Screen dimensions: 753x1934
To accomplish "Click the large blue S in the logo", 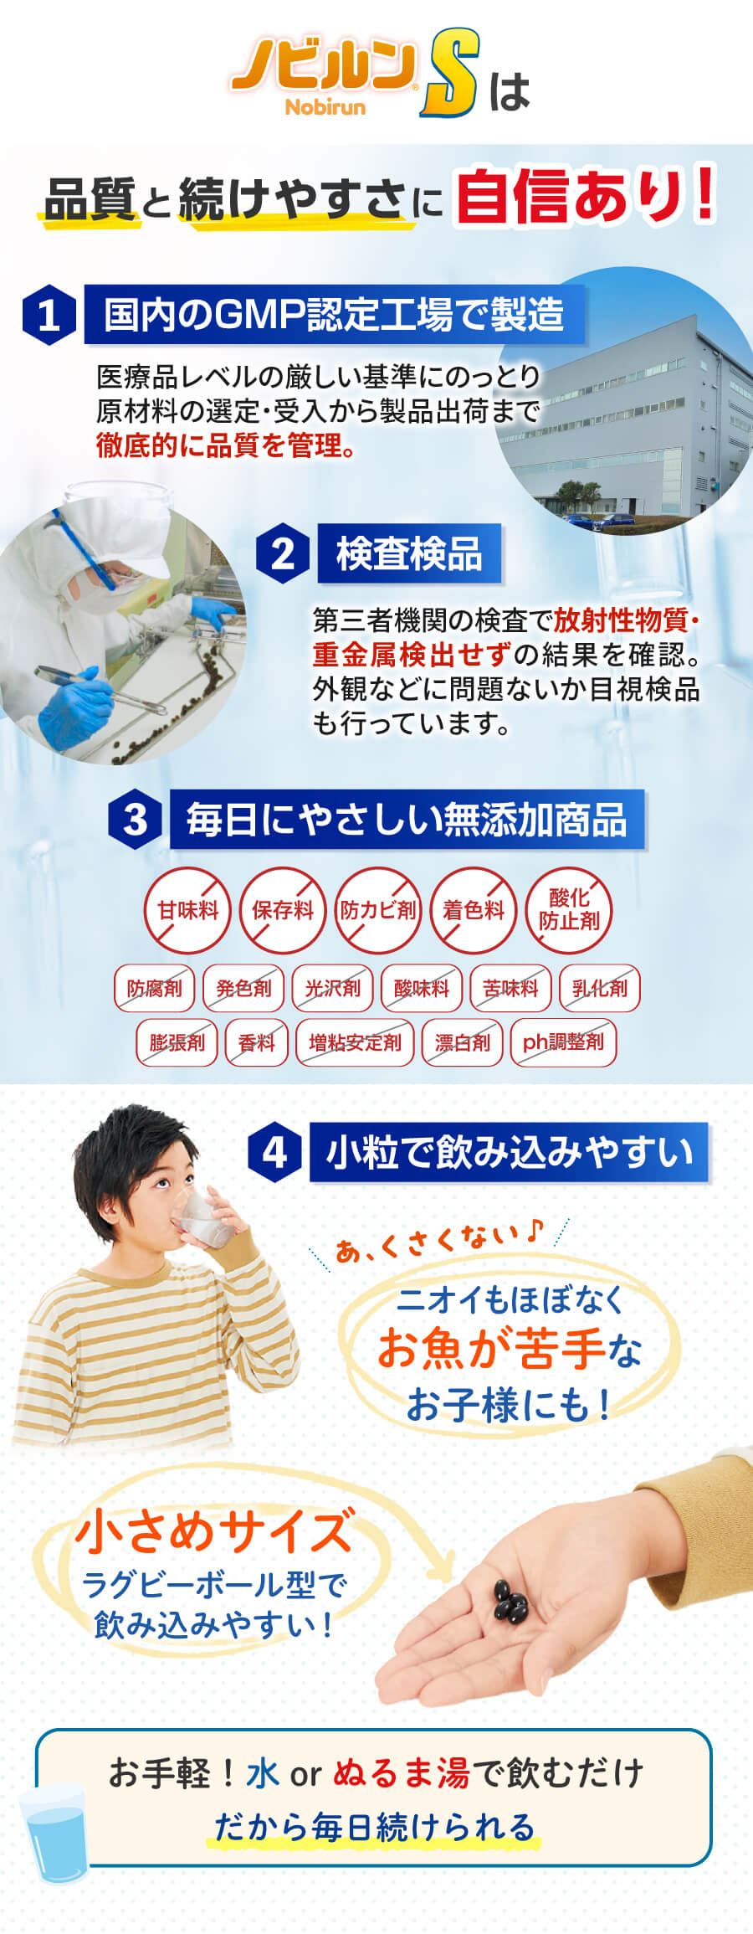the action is [450, 73].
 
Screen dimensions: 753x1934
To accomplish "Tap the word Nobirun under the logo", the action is [325, 107].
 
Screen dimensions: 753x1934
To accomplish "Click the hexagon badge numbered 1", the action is [49, 315].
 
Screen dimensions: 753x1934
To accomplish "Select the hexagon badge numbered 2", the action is [283, 554].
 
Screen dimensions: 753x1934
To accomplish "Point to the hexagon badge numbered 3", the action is [135, 820].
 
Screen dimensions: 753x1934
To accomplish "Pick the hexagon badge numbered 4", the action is [274, 1153].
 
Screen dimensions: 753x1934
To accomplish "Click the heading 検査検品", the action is [409, 554].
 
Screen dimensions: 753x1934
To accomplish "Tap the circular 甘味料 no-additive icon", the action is [187, 910].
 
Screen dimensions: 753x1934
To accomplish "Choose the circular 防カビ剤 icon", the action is [378, 910].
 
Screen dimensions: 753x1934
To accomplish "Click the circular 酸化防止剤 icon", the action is [569, 910].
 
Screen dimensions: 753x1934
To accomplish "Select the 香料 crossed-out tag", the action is [256, 1042].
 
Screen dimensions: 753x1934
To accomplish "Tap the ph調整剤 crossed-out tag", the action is [563, 1042].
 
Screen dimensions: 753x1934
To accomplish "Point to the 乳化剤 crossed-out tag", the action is [599, 988].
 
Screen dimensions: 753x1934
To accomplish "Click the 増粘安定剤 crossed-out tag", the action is [355, 1042].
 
